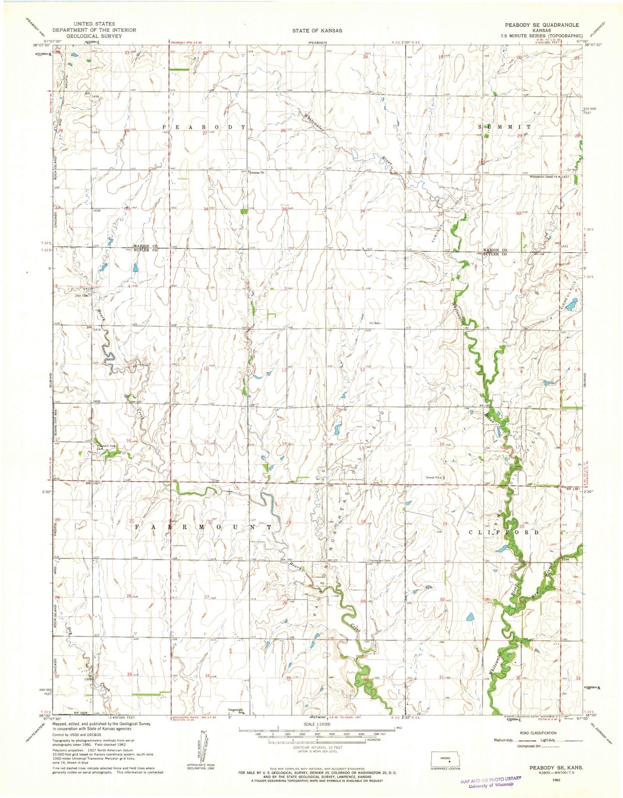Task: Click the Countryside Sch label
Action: click(x=236, y=711)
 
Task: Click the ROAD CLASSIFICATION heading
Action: click(x=538, y=732)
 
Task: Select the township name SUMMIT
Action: click(x=506, y=127)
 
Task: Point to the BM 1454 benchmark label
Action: click(x=92, y=97)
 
